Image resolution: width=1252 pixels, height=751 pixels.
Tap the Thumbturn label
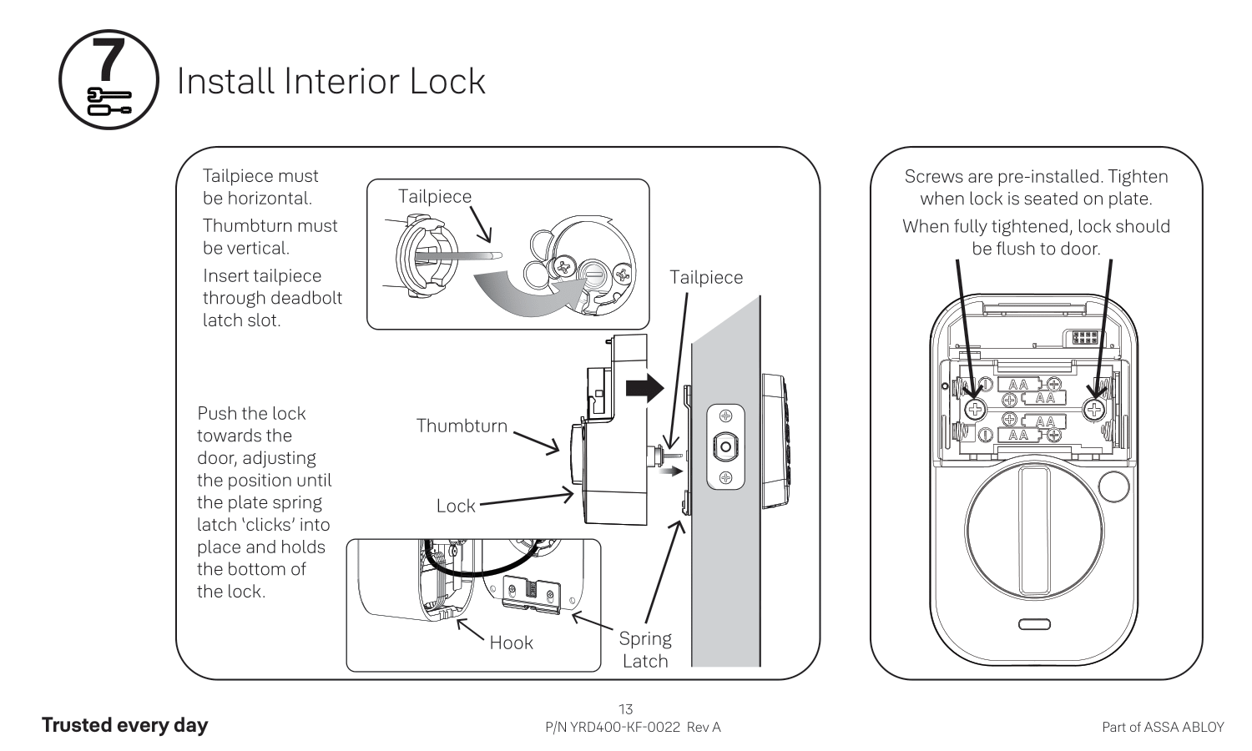[x=462, y=426]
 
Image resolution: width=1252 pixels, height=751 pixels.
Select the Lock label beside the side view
[x=456, y=506]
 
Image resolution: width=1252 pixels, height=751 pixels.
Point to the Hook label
[x=511, y=643]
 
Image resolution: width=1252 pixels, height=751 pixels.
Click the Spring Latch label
[x=645, y=649]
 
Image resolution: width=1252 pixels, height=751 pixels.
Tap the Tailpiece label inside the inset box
[x=434, y=196]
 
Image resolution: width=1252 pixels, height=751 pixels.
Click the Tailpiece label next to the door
[x=705, y=277]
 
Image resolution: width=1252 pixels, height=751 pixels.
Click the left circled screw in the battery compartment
[x=975, y=409]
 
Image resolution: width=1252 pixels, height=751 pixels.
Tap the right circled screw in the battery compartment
[x=1094, y=409]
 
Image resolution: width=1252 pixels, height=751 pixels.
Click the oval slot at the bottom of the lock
[x=1034, y=624]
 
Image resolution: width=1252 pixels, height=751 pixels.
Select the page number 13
[x=625, y=709]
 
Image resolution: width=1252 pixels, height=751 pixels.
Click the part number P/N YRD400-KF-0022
[x=613, y=727]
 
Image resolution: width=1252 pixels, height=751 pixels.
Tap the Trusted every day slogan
[x=124, y=725]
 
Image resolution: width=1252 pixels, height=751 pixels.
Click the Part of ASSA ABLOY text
[x=1163, y=727]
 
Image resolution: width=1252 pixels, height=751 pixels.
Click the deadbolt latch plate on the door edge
[x=725, y=446]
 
